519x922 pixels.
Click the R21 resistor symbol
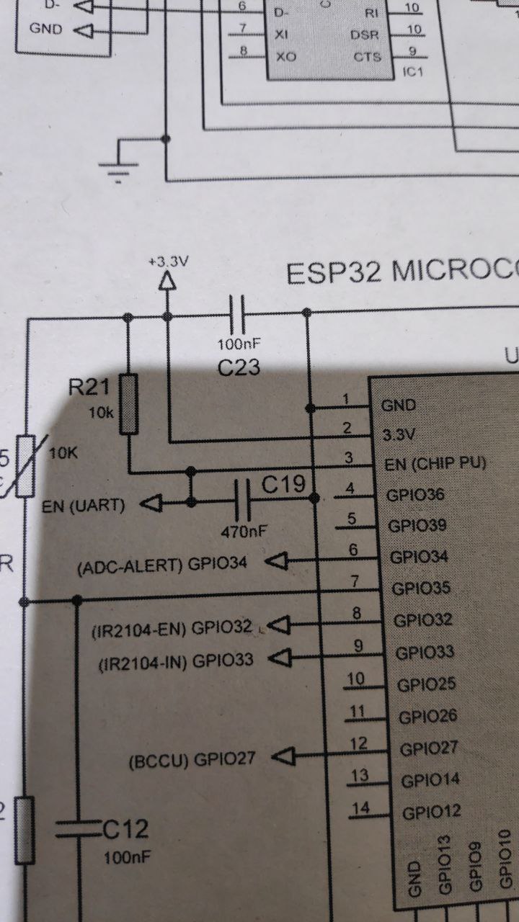pos(129,403)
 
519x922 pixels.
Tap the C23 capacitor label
pos(239,368)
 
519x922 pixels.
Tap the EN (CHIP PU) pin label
pos(435,463)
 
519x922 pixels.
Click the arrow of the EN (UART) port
pos(148,504)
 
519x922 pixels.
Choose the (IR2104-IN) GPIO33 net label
pos(176,661)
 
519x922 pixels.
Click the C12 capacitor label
pos(125,830)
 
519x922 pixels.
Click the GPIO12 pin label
pos(432,813)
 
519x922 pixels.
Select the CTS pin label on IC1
pos(367,57)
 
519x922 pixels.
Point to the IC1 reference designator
pos(413,73)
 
